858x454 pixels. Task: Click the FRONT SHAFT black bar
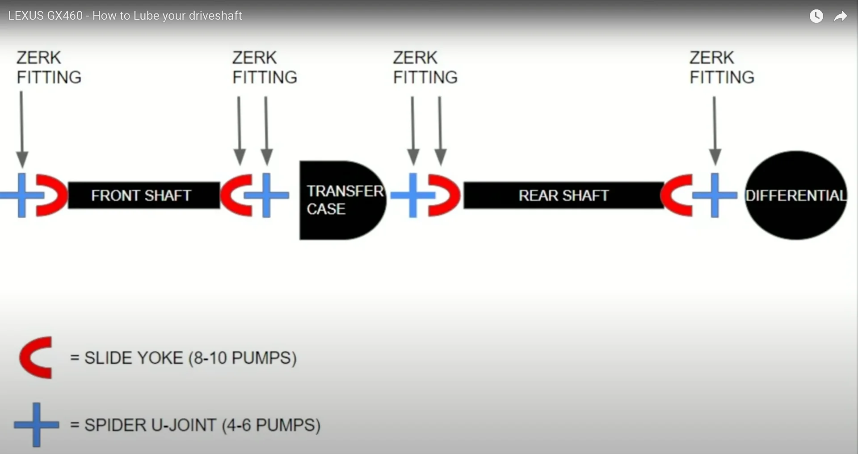click(143, 195)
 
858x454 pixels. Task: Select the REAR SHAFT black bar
click(563, 195)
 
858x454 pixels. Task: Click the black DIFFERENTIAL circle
click(795, 195)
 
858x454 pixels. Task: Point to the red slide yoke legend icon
click(36, 357)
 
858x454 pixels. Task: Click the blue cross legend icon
click(36, 424)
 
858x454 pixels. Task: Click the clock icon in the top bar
click(816, 16)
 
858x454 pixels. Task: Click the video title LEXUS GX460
click(125, 16)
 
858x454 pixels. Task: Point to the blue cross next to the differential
click(715, 195)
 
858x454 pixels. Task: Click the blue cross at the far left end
click(22, 195)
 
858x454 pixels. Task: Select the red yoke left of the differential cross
click(677, 195)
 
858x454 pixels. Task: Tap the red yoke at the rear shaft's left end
click(443, 195)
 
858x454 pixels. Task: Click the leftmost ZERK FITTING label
click(49, 68)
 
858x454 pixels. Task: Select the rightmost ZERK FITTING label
click(721, 68)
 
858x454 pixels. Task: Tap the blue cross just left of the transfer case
click(266, 195)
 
